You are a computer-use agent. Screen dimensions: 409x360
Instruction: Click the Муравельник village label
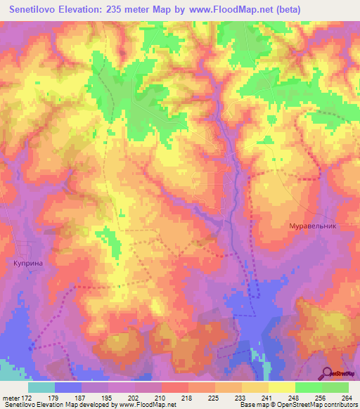314,226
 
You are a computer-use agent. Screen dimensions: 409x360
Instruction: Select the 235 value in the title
129,10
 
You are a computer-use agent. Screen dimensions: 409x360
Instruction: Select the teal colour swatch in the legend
41,387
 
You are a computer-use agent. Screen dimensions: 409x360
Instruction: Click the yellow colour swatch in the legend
282,387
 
